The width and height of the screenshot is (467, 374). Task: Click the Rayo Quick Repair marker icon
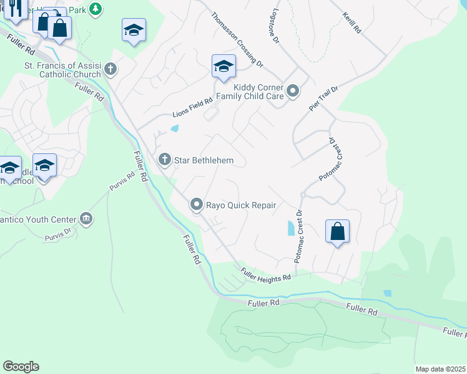click(x=197, y=204)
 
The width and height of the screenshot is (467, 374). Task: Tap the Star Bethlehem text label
click(x=204, y=161)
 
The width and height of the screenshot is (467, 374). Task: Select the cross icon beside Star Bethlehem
click(x=165, y=160)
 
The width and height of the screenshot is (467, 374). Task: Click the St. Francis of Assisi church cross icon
click(x=111, y=69)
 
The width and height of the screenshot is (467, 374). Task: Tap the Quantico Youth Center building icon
click(x=86, y=219)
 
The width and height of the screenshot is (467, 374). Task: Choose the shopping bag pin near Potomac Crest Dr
click(x=337, y=231)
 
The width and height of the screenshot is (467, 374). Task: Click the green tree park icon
click(x=95, y=9)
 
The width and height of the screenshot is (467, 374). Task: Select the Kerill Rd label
click(x=353, y=22)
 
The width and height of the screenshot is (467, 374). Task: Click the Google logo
click(x=21, y=367)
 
